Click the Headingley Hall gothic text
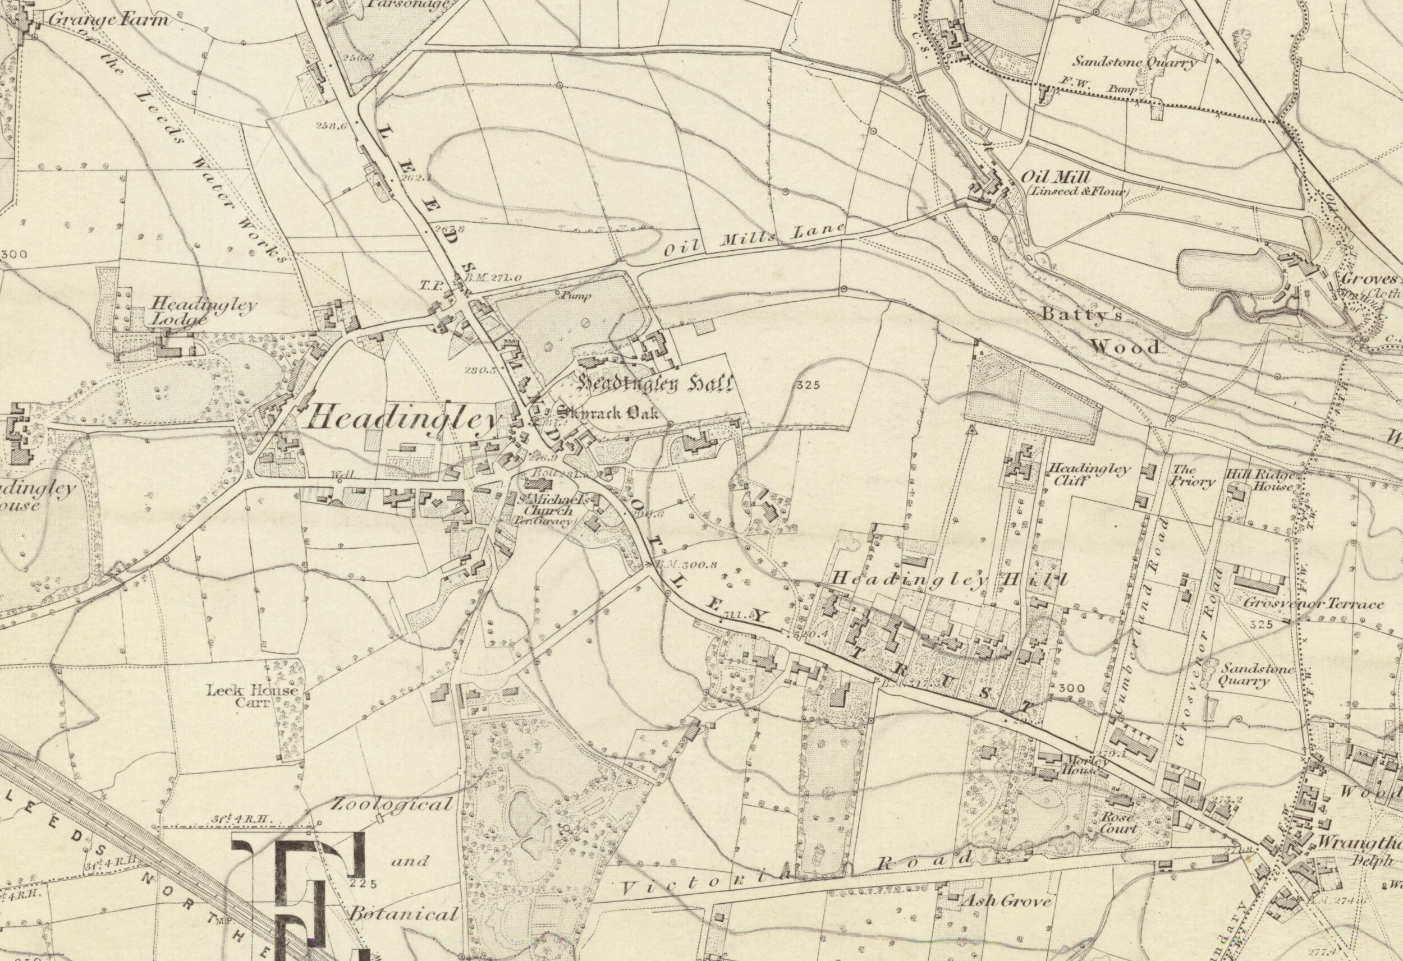coord(655,383)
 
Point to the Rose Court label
coord(1118,823)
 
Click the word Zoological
coord(391,804)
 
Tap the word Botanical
coord(404,913)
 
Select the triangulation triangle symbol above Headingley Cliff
coord(971,430)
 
